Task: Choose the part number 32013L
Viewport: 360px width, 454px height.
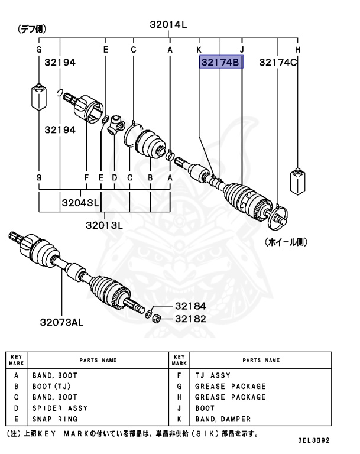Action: coord(103,225)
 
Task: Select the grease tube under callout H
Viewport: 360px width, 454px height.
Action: coord(297,181)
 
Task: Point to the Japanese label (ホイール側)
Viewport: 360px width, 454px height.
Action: coord(287,242)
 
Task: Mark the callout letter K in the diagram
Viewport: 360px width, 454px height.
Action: coord(199,50)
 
